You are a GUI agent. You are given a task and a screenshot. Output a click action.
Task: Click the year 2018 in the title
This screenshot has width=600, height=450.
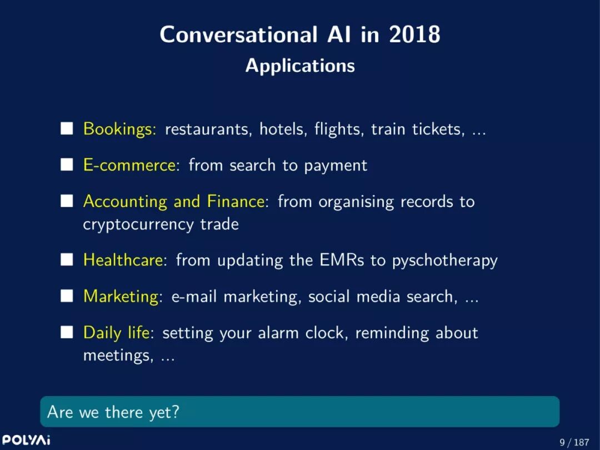(414, 34)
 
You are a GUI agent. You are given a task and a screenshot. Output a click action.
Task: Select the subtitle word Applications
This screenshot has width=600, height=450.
(300, 66)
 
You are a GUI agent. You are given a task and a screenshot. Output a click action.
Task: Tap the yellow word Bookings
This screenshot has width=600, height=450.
(118, 129)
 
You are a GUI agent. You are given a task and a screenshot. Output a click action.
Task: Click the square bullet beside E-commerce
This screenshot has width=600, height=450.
(67, 165)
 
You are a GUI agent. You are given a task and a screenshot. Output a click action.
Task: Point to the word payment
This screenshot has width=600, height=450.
(336, 166)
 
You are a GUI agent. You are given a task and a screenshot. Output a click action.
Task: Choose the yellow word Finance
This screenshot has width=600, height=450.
(236, 201)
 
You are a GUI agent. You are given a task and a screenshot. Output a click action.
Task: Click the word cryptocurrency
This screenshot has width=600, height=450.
(138, 224)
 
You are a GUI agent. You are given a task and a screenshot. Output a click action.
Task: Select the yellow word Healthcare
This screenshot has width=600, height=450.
(123, 260)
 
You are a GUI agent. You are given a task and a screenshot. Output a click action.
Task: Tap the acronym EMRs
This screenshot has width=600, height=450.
(342, 260)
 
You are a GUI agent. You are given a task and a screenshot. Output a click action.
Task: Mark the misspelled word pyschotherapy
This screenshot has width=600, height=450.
(444, 261)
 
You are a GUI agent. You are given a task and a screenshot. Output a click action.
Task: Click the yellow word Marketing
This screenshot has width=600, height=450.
(121, 296)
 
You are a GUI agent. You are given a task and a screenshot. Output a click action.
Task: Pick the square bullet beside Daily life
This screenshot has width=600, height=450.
(67, 332)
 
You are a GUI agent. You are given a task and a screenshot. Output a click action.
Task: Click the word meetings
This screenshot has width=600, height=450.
(116, 355)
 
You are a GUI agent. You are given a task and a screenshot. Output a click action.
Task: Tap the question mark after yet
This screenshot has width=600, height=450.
(175, 412)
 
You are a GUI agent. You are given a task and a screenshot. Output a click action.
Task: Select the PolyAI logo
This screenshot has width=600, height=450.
(26, 439)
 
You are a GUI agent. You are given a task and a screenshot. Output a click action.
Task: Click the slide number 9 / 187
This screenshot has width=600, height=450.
(574, 442)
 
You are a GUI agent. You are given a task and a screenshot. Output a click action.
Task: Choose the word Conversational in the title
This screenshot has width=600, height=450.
(238, 34)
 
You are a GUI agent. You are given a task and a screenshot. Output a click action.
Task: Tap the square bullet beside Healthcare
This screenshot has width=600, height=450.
(67, 259)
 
